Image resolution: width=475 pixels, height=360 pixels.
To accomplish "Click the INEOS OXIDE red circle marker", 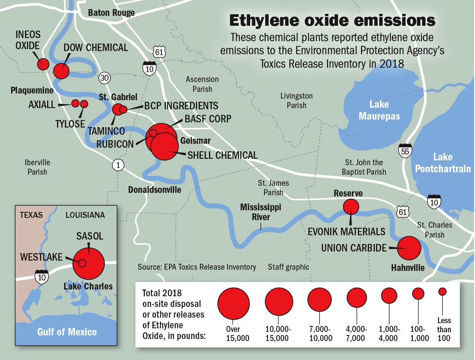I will (x=43, y=64).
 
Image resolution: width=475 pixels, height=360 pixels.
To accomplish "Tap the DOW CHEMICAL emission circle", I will (x=61, y=71).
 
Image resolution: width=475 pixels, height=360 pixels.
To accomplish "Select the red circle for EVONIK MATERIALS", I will (x=351, y=206).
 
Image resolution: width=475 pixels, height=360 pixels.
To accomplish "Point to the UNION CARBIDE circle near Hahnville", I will (x=409, y=248).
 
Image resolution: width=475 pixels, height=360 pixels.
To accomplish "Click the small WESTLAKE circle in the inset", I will (x=82, y=263).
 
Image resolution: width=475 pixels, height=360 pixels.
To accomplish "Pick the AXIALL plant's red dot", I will (x=75, y=104).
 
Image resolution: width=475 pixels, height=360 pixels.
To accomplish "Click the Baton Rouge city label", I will (x=111, y=13).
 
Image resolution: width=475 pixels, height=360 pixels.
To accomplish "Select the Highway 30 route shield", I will (x=104, y=78).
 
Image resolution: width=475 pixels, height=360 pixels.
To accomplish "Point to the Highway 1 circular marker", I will (x=117, y=165).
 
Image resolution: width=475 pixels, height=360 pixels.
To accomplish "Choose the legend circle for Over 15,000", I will (x=233, y=303).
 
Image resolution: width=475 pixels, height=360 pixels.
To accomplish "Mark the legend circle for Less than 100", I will (x=443, y=291).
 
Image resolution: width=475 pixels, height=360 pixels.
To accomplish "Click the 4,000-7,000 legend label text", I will (x=357, y=333).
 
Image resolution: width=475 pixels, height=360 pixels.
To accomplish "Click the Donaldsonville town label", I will (x=154, y=190).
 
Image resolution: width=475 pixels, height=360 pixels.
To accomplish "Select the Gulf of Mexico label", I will (x=67, y=331).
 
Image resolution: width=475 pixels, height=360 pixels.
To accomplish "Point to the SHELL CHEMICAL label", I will (x=222, y=155).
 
